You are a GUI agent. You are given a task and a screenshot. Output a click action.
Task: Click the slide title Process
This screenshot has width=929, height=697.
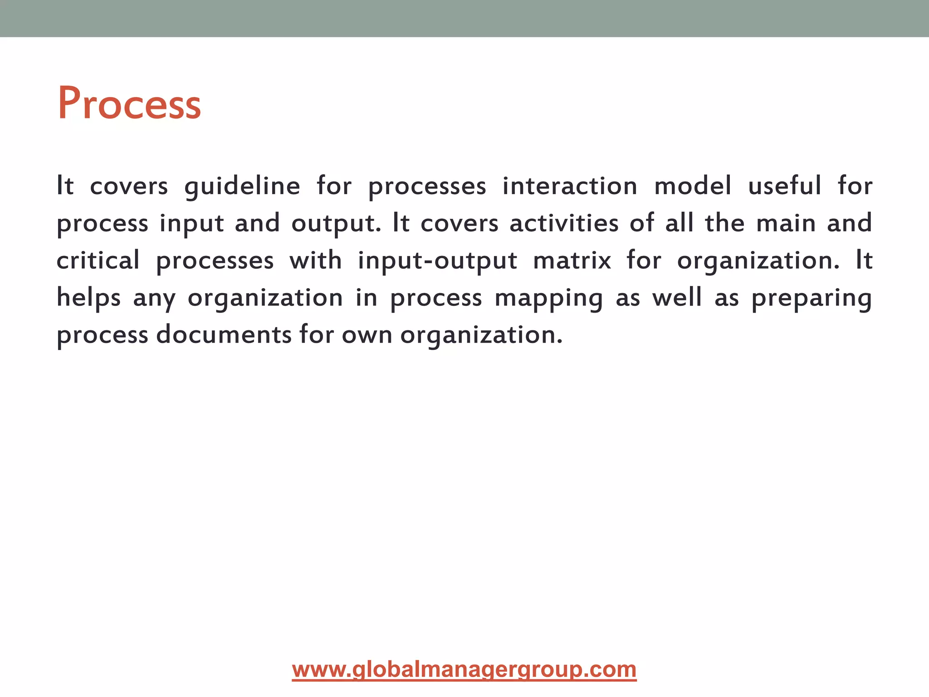click(x=129, y=104)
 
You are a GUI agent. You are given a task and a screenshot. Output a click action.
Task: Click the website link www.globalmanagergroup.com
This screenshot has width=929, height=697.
click(x=464, y=670)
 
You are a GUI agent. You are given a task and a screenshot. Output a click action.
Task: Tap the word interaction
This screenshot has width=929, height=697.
click(x=570, y=186)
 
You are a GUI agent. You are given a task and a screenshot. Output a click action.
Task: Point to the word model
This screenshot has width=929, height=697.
click(x=693, y=186)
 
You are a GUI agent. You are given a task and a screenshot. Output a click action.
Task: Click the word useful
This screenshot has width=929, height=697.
click(x=785, y=186)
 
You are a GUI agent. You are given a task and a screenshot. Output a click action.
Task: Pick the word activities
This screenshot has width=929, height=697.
click(x=564, y=223)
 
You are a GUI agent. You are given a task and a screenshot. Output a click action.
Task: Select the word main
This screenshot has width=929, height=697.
click(x=786, y=223)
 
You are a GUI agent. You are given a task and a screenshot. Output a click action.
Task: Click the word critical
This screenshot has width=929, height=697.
click(x=98, y=260)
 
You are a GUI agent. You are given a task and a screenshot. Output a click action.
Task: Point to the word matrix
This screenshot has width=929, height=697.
click(x=572, y=260)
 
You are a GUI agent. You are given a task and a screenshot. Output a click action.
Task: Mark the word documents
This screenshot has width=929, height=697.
click(x=224, y=335)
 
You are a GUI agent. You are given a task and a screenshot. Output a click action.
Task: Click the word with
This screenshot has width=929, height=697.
click(x=316, y=260)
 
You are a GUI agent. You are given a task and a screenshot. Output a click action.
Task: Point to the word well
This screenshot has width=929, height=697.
click(x=677, y=298)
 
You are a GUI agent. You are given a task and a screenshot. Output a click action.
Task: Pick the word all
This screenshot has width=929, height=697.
click(x=679, y=223)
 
